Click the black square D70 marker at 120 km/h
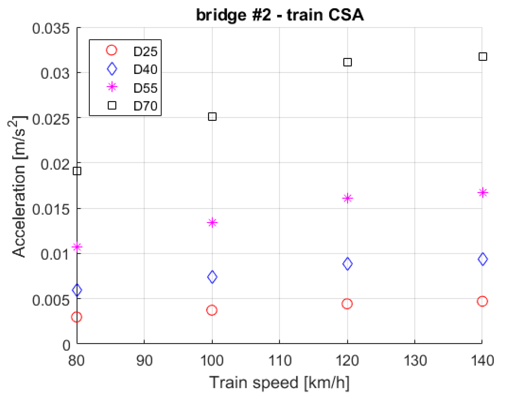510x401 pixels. point(347,62)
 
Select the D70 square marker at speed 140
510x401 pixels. point(483,57)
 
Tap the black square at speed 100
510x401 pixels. point(212,117)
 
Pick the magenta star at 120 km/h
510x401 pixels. point(347,198)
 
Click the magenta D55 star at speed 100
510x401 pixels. point(212,223)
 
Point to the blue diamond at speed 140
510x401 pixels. point(483,259)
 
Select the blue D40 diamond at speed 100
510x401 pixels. point(212,277)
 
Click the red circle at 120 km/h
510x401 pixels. point(347,304)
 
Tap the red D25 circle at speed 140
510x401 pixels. point(482,301)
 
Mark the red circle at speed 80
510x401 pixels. point(77,317)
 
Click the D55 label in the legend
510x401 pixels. point(145,88)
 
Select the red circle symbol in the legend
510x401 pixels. point(112,50)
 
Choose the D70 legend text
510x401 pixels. point(145,106)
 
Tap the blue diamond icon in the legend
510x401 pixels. point(112,69)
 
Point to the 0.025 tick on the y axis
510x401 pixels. point(51,119)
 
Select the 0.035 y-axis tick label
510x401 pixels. point(51,28)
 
